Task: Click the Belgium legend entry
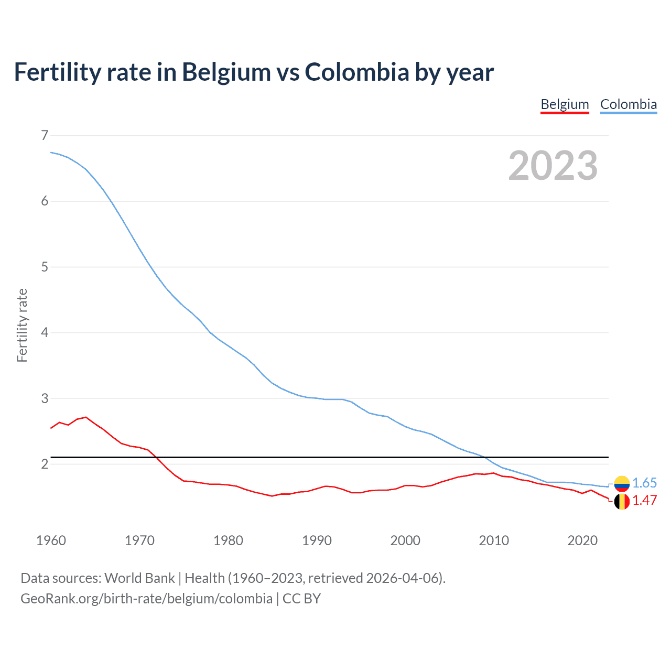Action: tap(565, 104)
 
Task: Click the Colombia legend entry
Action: tap(628, 104)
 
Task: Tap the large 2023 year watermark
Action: tap(553, 166)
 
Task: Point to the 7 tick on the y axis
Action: tap(44, 135)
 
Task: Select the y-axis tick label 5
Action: tap(44, 267)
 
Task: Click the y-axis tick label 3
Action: tap(44, 398)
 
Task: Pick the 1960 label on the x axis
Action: tap(51, 540)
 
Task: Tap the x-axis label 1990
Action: tap(317, 540)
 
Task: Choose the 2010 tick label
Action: tap(494, 540)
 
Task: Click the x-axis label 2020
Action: tap(582, 540)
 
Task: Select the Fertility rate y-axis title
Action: tap(22, 325)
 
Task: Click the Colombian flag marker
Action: tap(622, 483)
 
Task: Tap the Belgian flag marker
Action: tap(622, 501)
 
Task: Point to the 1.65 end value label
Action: tap(644, 483)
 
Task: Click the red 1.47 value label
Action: tap(644, 500)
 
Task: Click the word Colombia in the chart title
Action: tap(357, 72)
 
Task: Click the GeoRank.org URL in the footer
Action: tap(146, 598)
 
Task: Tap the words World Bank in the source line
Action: tap(139, 578)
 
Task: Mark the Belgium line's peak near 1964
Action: tap(86, 417)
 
